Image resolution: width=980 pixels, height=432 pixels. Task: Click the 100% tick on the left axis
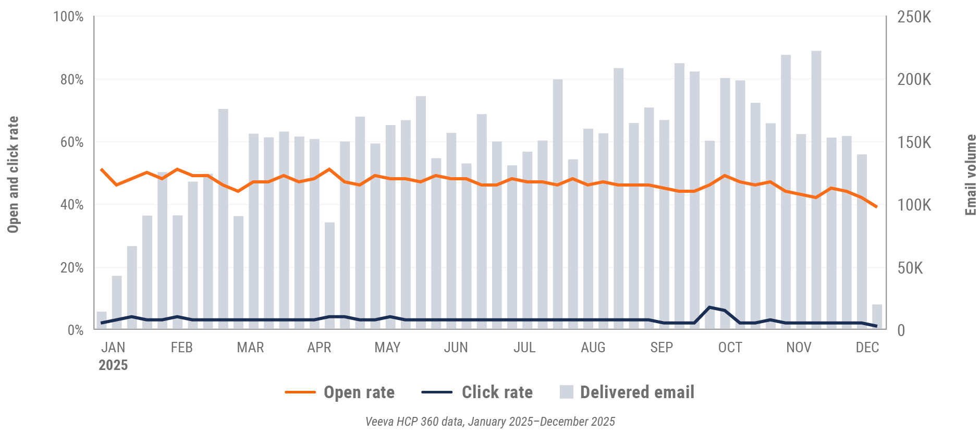click(x=68, y=17)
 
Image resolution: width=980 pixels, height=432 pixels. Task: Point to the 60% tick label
click(x=71, y=142)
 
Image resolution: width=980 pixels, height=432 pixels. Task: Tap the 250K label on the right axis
click(x=914, y=17)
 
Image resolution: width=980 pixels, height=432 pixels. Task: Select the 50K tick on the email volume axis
click(x=910, y=268)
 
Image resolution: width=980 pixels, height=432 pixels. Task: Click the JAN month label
click(x=113, y=348)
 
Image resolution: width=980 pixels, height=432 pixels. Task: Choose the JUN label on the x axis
click(x=456, y=348)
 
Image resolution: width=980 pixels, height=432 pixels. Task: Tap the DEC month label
click(x=867, y=348)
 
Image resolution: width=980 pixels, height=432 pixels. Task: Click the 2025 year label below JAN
click(x=113, y=365)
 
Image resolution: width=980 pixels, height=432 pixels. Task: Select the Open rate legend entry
click(x=340, y=392)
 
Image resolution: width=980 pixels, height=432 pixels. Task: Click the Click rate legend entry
click(x=477, y=392)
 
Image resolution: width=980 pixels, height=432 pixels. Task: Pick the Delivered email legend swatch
click(x=567, y=392)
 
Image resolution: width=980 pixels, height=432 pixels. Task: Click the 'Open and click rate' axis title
click(x=13, y=175)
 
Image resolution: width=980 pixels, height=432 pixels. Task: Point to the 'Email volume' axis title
click(x=970, y=175)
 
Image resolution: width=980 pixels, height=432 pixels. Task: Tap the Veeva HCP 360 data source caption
click(x=490, y=422)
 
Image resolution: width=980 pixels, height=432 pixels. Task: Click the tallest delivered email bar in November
click(x=816, y=190)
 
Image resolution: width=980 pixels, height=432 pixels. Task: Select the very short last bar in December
click(x=877, y=317)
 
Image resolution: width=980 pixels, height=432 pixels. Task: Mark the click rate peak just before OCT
click(x=709, y=307)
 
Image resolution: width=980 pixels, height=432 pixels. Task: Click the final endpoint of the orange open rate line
click(x=877, y=207)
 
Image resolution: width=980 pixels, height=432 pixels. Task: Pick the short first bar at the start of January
click(x=102, y=320)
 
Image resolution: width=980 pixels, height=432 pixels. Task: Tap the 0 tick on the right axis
click(x=901, y=330)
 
